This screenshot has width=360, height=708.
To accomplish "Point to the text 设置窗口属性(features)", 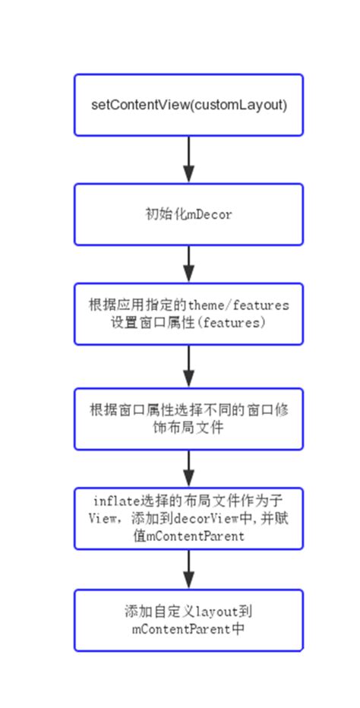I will (x=188, y=322).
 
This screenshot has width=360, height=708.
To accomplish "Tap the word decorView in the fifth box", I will (x=201, y=518).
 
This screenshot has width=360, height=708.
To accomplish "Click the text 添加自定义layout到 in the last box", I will (x=188, y=612).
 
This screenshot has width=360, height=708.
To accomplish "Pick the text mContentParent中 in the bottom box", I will (x=188, y=629).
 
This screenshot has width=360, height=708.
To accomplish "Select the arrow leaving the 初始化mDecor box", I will (x=189, y=264).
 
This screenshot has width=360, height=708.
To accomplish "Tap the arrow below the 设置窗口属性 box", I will (x=189, y=366).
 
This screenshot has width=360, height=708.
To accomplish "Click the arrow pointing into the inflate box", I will (x=189, y=469).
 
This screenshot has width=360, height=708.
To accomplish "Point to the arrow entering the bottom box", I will (x=189, y=570).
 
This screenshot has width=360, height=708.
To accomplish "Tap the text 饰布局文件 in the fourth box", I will (x=188, y=428).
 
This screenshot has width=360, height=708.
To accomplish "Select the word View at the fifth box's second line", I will (x=100, y=518).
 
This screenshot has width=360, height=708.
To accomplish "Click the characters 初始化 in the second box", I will (x=160, y=215).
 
